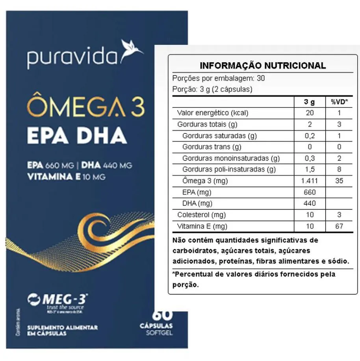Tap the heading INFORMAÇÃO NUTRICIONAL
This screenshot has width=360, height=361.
point(263,66)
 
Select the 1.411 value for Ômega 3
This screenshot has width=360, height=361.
point(310,181)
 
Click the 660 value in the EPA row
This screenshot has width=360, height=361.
point(310,193)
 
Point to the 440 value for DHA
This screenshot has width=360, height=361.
point(310,204)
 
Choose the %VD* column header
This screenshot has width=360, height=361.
point(339,102)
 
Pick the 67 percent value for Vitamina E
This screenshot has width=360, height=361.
point(339,226)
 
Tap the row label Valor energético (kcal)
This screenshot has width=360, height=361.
point(213,113)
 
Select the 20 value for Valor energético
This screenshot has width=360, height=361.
point(310,113)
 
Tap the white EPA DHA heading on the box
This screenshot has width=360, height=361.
point(76,136)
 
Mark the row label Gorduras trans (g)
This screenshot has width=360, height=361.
point(212,147)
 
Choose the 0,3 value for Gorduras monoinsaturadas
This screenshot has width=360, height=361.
point(310,158)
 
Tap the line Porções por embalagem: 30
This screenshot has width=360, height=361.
point(219,78)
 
